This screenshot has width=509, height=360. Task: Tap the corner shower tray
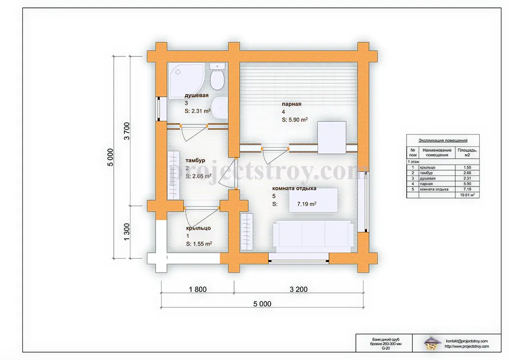[186, 80]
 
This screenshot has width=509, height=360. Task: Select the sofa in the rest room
[313, 236]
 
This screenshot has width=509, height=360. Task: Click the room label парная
[292, 104]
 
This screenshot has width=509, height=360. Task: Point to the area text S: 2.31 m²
[198, 111]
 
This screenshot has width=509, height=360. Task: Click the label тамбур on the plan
[195, 161]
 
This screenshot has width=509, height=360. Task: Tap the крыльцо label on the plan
[199, 228]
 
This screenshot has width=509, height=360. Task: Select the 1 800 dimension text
[198, 289]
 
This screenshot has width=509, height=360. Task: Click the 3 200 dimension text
[298, 289]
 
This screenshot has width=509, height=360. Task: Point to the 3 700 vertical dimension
[127, 131]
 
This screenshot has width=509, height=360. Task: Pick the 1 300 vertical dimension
[127, 232]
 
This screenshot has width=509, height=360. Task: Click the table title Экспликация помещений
[443, 141]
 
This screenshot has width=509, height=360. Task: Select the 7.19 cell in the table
[467, 189]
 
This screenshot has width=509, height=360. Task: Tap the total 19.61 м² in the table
[467, 195]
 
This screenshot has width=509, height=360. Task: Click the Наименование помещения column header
[437, 153]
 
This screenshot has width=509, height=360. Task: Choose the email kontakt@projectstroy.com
[466, 341]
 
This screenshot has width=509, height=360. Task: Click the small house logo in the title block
[433, 343]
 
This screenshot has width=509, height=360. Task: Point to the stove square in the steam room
[331, 137]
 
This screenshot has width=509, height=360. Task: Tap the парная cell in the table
[426, 184]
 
